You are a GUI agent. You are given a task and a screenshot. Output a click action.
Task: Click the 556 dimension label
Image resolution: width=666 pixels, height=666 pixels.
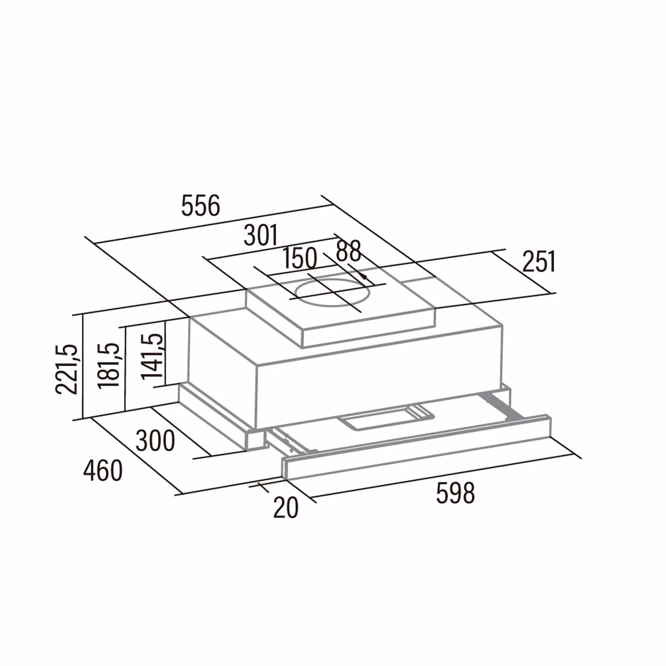[x=200, y=206]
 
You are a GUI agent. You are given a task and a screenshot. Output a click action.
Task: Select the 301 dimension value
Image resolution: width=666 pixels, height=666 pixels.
[x=261, y=235]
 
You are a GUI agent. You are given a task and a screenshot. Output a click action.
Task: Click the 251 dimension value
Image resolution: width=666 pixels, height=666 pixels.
[x=539, y=262]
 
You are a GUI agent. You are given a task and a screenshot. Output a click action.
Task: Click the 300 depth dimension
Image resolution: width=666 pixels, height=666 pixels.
[x=155, y=441]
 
